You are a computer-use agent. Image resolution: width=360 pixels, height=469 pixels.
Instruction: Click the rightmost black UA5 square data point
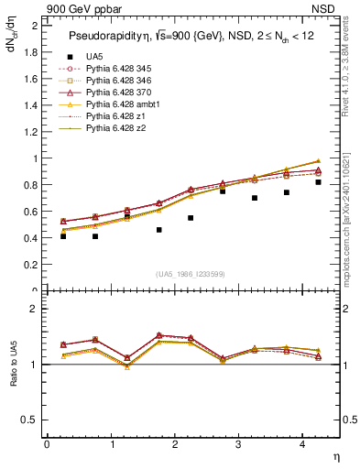pos(318,182)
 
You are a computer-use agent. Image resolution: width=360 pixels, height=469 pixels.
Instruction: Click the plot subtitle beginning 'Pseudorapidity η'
pos(188,36)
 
